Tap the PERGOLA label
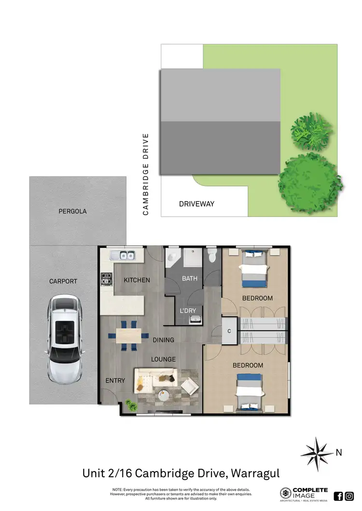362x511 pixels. tap(73, 211)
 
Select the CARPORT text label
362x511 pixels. tap(63, 281)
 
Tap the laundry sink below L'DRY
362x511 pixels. tap(195, 319)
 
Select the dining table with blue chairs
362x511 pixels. tap(128, 335)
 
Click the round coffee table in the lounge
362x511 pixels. tap(164, 395)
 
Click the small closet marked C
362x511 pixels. tap(230, 331)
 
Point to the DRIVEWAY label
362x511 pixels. tap(196, 204)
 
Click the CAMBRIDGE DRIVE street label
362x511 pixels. tap(146, 174)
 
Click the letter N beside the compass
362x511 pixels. tap(339, 452)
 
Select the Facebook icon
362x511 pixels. tap(338, 496)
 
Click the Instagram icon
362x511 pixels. tap(349, 496)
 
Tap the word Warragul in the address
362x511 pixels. tap(254, 473)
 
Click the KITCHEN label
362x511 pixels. tap(137, 280)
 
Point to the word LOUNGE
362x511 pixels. tap(163, 359)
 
